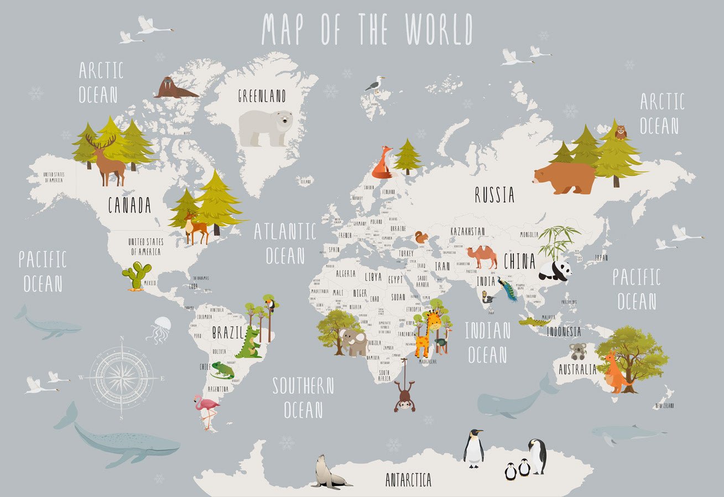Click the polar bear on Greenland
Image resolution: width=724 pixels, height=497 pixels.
(265, 127)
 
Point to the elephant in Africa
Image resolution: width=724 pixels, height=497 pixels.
(354, 342)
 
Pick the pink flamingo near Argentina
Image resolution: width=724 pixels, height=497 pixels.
(206, 410)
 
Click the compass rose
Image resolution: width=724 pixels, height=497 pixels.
(121, 378)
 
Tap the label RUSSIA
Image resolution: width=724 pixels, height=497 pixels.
(494, 195)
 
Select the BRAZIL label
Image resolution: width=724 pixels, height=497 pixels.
(227, 333)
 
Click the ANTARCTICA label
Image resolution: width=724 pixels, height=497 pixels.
(408, 480)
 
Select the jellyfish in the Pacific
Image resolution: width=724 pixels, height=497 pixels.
(159, 329)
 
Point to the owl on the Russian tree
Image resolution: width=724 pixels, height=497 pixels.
(621, 132)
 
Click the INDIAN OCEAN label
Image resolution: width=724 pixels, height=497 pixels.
(487, 342)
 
